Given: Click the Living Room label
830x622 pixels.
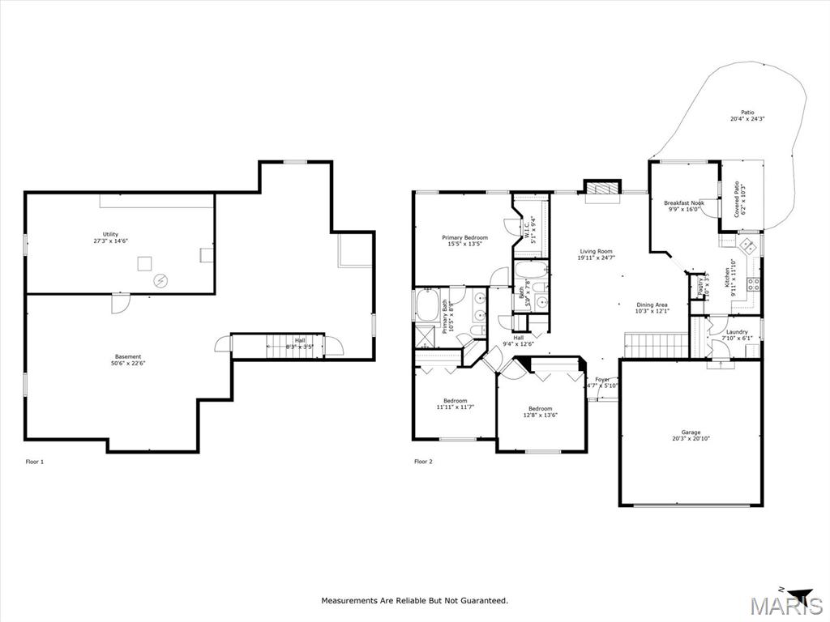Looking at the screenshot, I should pyautogui.click(x=595, y=251).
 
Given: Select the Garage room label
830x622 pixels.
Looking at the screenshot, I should pyautogui.click(x=691, y=432).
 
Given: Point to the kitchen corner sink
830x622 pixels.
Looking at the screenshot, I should pyautogui.click(x=747, y=245).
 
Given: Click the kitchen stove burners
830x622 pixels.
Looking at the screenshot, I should pyautogui.click(x=752, y=284).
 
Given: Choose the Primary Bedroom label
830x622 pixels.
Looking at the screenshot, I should pyautogui.click(x=464, y=238).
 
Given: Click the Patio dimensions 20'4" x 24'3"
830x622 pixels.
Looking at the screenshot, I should pyautogui.click(x=747, y=119).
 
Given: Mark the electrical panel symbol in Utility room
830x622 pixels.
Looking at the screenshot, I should pyautogui.click(x=160, y=280).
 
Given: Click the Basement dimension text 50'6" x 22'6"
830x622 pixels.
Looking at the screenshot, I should pyautogui.click(x=127, y=363).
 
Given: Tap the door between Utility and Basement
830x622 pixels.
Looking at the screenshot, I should pyautogui.click(x=118, y=302).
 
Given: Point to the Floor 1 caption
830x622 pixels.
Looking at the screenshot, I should pyautogui.click(x=35, y=462).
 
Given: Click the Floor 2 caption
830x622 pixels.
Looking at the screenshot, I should pyautogui.click(x=423, y=462).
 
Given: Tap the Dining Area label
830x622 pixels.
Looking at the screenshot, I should pyautogui.click(x=651, y=305).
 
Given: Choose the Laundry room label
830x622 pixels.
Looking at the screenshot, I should pyautogui.click(x=736, y=331).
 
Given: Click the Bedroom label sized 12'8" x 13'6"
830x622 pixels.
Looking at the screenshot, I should pyautogui.click(x=540, y=408).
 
